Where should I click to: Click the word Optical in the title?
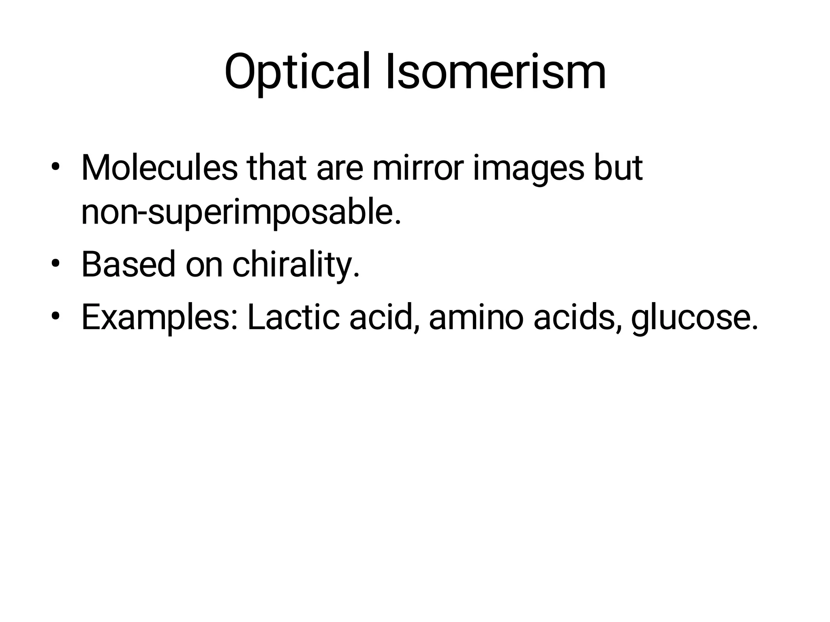click(297, 72)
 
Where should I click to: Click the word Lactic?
click(293, 317)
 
